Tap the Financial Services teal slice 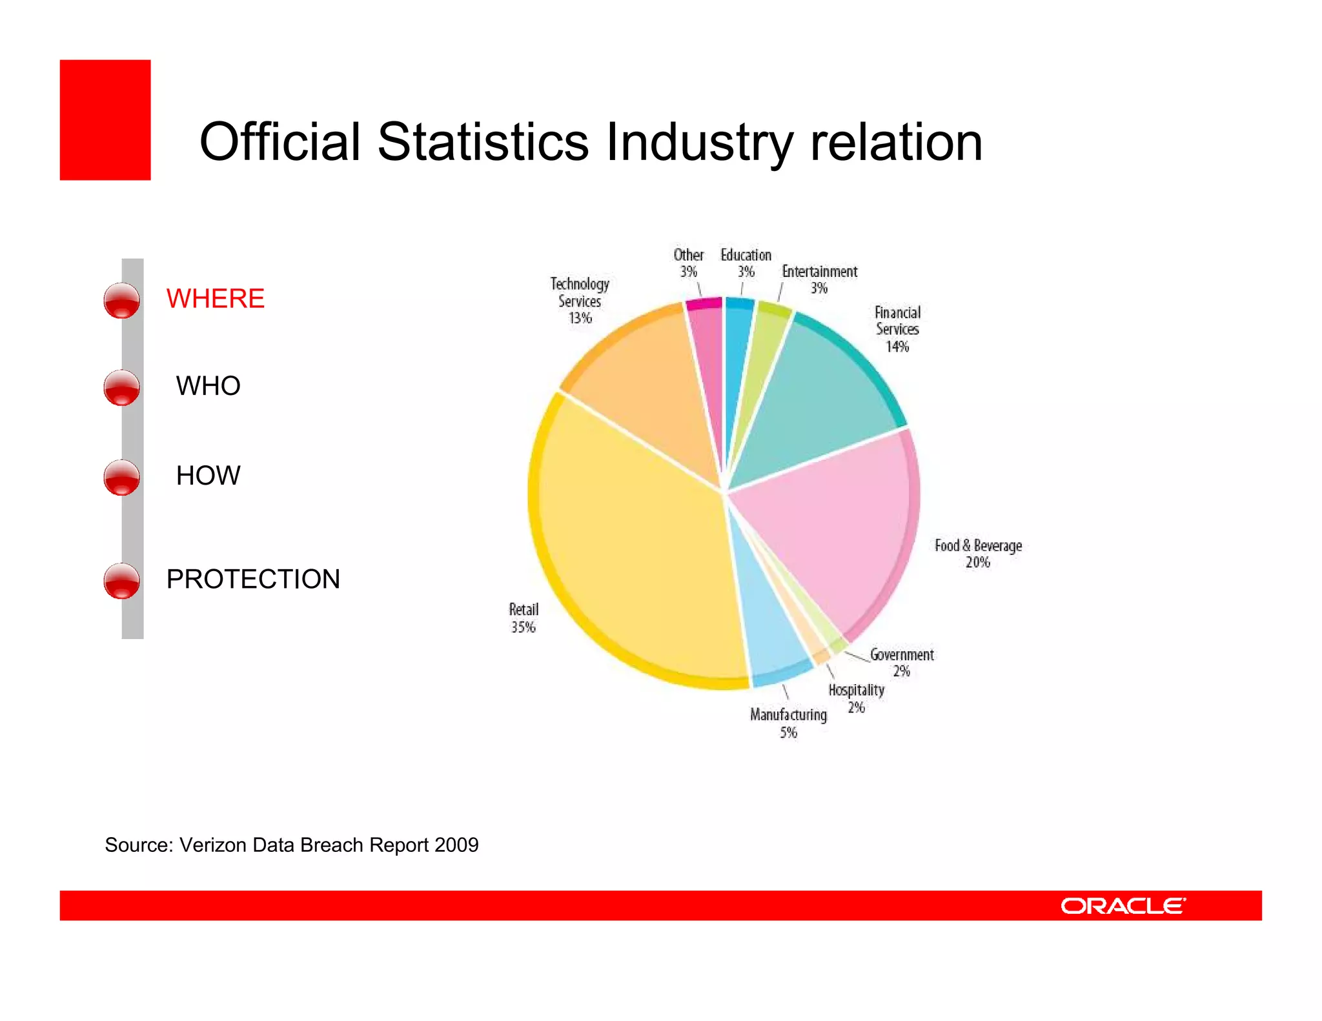pos(820,394)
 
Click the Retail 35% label pos(524,618)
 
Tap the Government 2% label pos(902,663)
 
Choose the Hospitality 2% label pos(857,698)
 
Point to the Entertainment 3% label pos(819,279)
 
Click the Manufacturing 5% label pos(788,723)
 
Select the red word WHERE pos(215,299)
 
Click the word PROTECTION pos(253,579)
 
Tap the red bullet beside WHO pos(121,387)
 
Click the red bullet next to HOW pos(121,477)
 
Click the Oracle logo pos(1123,906)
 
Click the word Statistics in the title pos(483,142)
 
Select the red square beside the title pos(105,120)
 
